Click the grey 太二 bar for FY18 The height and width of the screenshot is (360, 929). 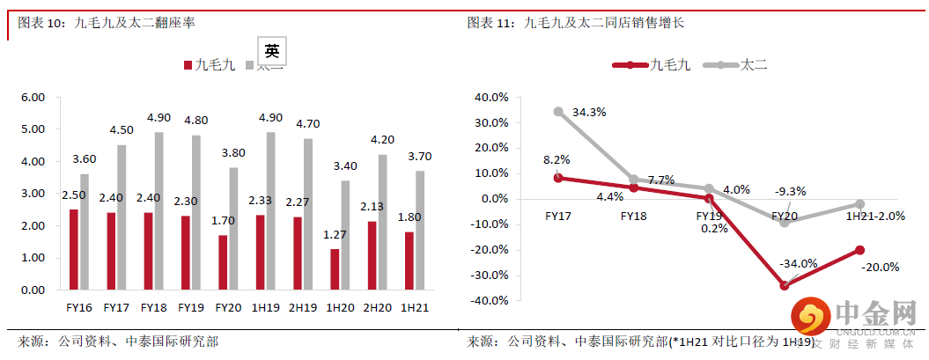pyautogui.click(x=159, y=211)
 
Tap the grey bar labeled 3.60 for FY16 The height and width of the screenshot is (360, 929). pyautogui.click(x=85, y=231)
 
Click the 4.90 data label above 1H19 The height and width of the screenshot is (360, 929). pyautogui.click(x=269, y=118)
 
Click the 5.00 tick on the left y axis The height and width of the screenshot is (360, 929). pyautogui.click(x=33, y=129)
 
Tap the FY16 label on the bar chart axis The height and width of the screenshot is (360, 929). pyautogui.click(x=79, y=307)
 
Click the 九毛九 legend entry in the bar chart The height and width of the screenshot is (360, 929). pyautogui.click(x=208, y=65)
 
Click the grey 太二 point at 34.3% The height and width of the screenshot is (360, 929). pyautogui.click(x=559, y=112)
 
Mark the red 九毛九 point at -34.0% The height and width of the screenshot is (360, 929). pyautogui.click(x=784, y=285)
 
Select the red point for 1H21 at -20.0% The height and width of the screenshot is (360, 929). pyautogui.click(x=859, y=250)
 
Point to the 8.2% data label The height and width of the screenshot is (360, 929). pyautogui.click(x=557, y=159)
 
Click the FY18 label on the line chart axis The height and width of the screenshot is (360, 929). pyautogui.click(x=634, y=215)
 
